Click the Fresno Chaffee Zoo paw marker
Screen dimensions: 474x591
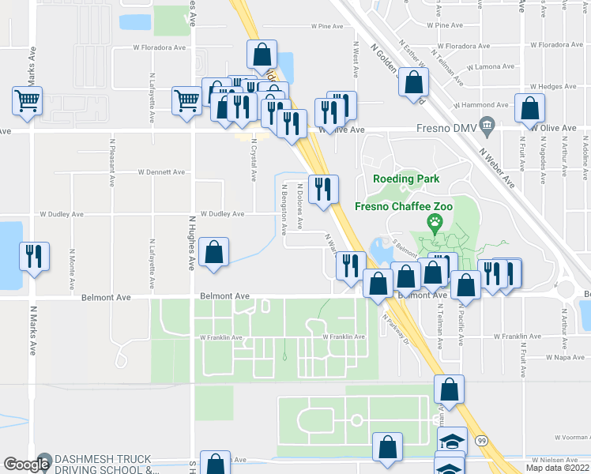click(434, 223)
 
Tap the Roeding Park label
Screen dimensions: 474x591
click(405, 179)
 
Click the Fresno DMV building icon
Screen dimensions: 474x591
click(487, 125)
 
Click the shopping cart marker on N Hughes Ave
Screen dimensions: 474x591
click(186, 100)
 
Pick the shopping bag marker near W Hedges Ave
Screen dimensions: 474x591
click(529, 108)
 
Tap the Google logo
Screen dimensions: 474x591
click(26, 465)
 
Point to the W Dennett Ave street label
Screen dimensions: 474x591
click(161, 171)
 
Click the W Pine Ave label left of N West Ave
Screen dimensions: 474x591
click(327, 26)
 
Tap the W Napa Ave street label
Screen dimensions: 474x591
click(565, 357)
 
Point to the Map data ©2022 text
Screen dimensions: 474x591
click(556, 468)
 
